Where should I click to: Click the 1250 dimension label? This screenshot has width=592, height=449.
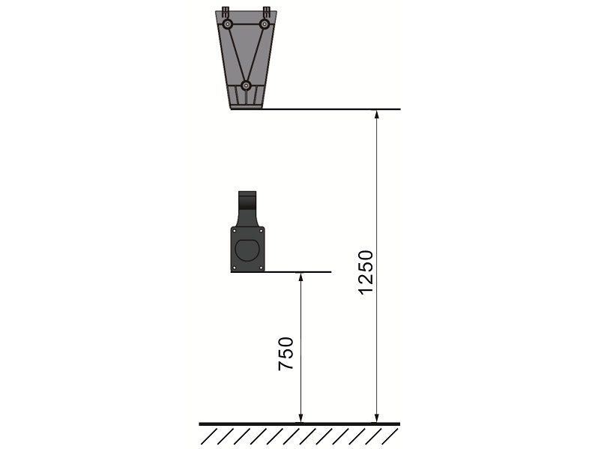click(x=365, y=272)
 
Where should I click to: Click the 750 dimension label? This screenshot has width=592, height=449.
click(x=286, y=354)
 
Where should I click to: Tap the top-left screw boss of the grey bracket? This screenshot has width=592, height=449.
click(x=227, y=25)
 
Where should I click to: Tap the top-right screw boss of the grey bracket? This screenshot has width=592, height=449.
click(x=265, y=25)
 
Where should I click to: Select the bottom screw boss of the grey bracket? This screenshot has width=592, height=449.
click(x=246, y=85)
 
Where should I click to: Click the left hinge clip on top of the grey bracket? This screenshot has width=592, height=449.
click(x=226, y=10)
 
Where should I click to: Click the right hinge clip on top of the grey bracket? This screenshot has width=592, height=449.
click(x=267, y=10)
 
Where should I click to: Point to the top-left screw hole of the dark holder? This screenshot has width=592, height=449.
click(x=235, y=230)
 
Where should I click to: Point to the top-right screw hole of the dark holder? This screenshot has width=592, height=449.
click(x=261, y=230)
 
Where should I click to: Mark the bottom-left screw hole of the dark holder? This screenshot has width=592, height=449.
click(x=235, y=268)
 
